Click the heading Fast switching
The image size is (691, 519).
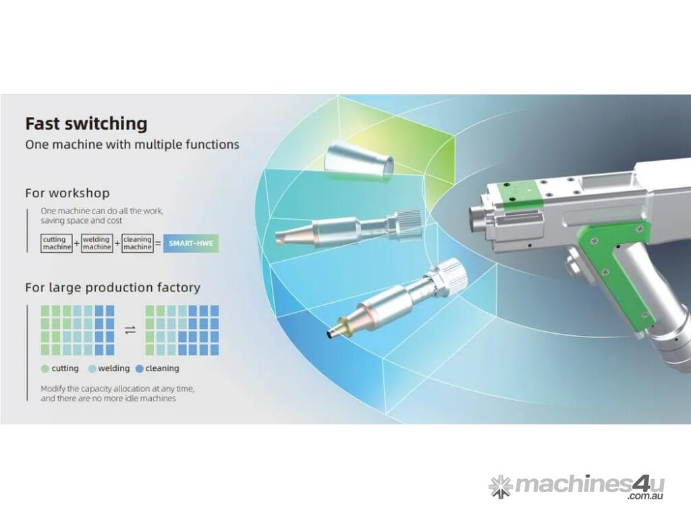click(x=86, y=124)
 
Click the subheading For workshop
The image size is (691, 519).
click(x=67, y=193)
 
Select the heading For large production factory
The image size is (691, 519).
click(x=113, y=288)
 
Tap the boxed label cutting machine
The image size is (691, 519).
click(x=57, y=243)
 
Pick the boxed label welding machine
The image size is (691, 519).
click(x=97, y=243)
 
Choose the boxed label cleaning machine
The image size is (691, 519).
click(x=138, y=243)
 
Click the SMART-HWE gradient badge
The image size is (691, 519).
click(x=191, y=243)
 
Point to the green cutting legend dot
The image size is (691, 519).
click(x=45, y=369)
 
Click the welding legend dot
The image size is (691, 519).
click(x=92, y=369)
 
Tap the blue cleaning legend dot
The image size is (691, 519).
click(x=139, y=369)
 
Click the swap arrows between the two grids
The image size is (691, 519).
click(x=130, y=330)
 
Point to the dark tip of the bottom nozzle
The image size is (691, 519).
click(x=331, y=334)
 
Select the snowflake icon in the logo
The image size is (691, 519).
click(x=501, y=487)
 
